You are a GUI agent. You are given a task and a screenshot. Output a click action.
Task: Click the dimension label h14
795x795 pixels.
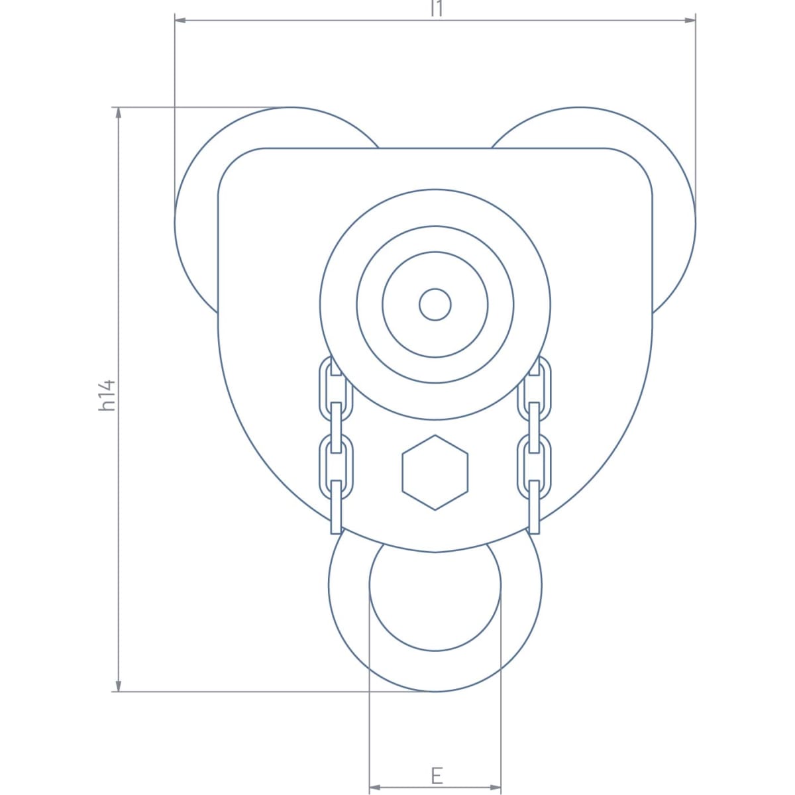(x=107, y=396)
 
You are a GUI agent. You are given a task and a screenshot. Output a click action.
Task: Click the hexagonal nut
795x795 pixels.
(x=435, y=472)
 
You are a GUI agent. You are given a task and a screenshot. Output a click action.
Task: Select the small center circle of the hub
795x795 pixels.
(x=435, y=305)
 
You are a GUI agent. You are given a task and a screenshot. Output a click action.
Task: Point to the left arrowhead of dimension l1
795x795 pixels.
(x=180, y=20)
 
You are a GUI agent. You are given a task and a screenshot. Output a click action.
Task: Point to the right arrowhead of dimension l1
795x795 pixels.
(x=690, y=20)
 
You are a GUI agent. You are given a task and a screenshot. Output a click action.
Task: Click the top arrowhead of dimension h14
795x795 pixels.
(x=119, y=113)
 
